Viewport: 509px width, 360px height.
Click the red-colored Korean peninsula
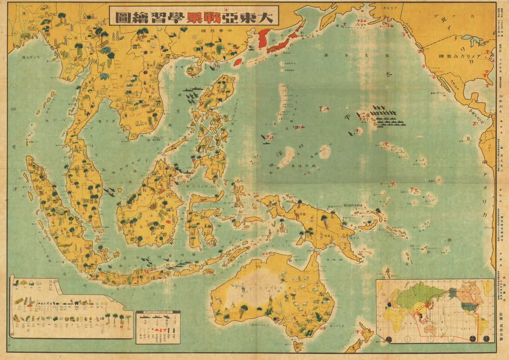pos(263,37)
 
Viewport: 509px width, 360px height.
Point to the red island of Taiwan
pos(238,62)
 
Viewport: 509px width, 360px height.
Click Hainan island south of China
pos(193,71)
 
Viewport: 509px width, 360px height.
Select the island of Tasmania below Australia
pos(299,346)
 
